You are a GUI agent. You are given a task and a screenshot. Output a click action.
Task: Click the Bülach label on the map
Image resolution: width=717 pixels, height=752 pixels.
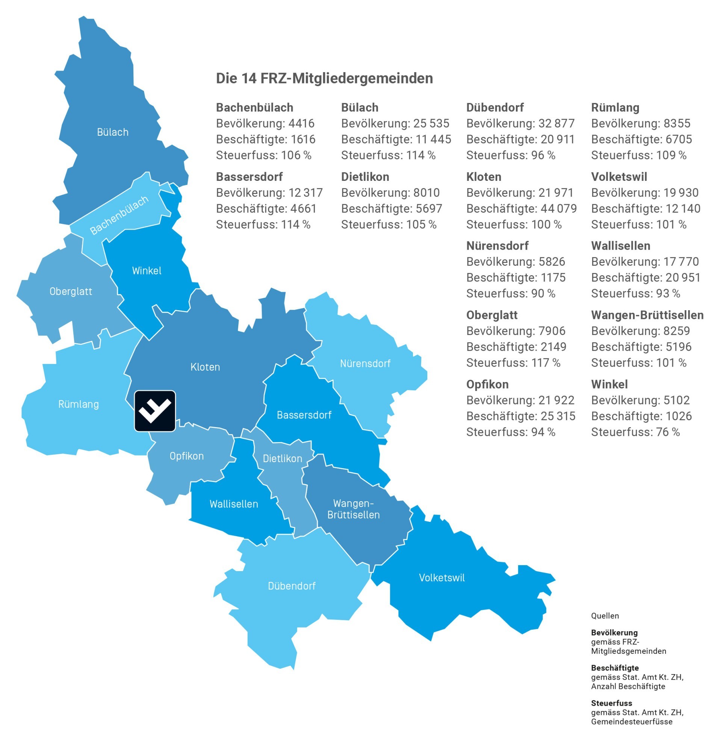pos(112,132)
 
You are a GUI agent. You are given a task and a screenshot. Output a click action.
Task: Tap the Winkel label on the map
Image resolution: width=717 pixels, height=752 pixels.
pos(147,271)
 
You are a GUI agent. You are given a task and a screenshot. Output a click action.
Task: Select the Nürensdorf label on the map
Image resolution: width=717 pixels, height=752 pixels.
pos(365,363)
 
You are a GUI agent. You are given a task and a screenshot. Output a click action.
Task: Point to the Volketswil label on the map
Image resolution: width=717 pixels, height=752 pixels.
pos(442,578)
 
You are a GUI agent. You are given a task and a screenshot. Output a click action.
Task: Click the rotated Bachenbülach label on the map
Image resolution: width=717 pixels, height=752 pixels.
pos(119,215)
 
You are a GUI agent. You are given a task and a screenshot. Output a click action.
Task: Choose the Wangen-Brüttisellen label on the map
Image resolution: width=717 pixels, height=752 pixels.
pos(353,509)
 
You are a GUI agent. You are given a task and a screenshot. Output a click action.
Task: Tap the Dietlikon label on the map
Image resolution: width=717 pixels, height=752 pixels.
pos(283,458)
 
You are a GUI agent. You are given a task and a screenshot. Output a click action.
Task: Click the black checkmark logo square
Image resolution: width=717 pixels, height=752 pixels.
pos(155,411)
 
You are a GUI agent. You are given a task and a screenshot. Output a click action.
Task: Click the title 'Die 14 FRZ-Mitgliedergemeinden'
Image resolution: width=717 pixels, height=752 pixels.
pos(324,79)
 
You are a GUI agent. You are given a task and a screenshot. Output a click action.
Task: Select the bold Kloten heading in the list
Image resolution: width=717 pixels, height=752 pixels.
pos(484,177)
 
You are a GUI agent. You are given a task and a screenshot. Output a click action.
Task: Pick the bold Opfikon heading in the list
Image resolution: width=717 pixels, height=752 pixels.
pos(487,384)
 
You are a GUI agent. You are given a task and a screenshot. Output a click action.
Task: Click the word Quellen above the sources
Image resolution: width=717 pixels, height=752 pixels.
pos(605,616)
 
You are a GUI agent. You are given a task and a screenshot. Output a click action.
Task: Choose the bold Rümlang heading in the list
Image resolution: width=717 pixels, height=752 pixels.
pos(615,108)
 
